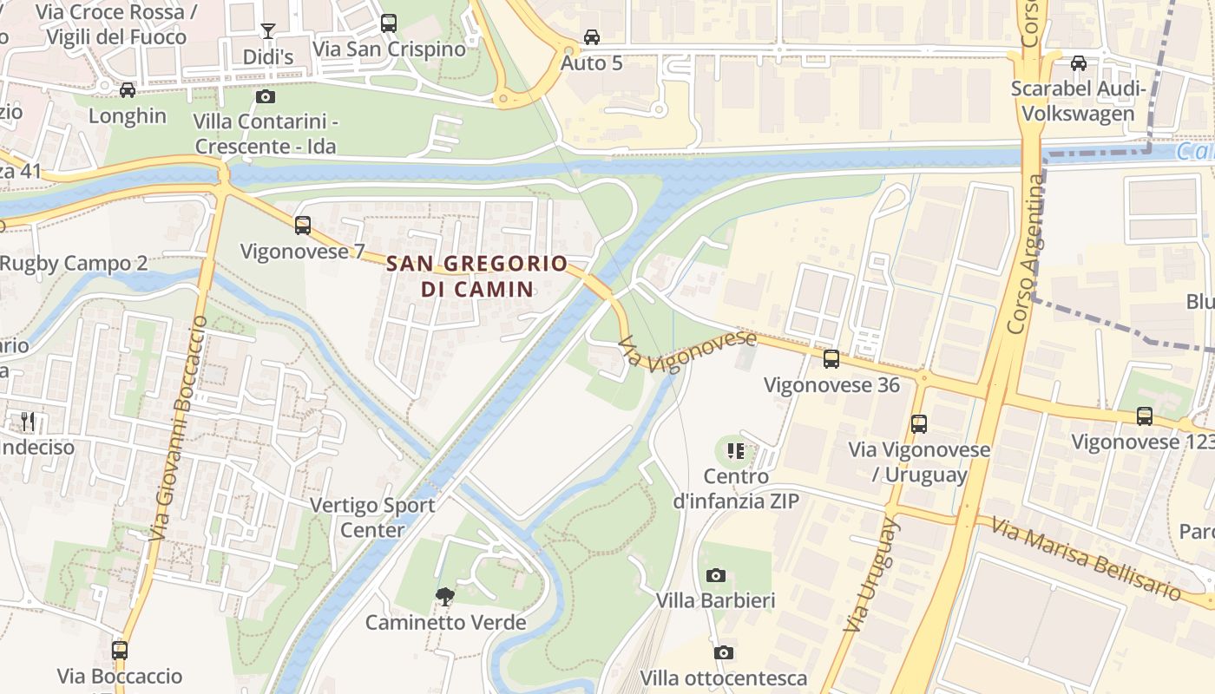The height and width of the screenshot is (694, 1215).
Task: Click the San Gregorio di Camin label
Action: (476, 276)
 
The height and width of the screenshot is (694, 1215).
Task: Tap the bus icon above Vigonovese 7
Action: (303, 226)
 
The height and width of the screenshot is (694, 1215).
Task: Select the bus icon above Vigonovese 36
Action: (831, 358)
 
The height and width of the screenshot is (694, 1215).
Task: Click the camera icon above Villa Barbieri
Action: (715, 575)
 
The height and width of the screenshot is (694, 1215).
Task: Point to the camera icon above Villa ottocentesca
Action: (724, 652)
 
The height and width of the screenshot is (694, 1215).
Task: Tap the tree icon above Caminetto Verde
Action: (445, 597)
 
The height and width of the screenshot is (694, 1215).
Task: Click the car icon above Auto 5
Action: (592, 37)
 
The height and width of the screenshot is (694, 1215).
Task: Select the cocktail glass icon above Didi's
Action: (268, 31)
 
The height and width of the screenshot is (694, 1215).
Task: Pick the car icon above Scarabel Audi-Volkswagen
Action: (1079, 63)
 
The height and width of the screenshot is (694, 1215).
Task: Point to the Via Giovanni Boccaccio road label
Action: (179, 429)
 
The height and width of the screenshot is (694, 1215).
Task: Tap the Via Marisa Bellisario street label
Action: (1086, 560)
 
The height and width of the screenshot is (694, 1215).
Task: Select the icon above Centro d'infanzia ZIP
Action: (736, 450)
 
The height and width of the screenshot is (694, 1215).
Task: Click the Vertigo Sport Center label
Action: (372, 517)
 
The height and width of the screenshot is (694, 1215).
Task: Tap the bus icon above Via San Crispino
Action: (389, 23)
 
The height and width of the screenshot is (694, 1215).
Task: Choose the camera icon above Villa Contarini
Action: (266, 96)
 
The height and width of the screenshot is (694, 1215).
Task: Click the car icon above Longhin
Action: (128, 90)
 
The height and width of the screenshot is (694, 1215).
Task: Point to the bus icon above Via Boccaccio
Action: (120, 650)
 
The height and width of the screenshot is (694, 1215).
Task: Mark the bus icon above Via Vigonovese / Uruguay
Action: (919, 424)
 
